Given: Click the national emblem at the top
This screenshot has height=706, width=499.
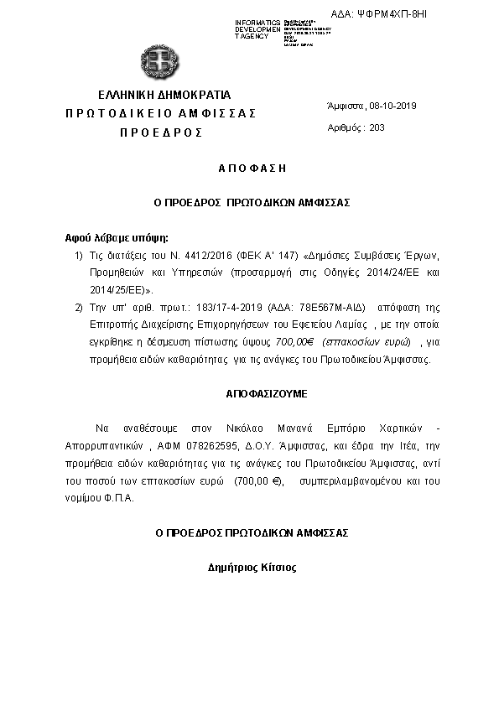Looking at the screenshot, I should coord(160,60).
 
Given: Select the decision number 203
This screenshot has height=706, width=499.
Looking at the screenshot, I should coord(377,128).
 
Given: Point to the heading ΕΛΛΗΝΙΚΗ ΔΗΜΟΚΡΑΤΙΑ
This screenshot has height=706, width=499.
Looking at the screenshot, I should coord(164,94).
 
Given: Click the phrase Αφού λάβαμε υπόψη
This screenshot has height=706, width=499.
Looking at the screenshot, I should coord(105,237).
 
